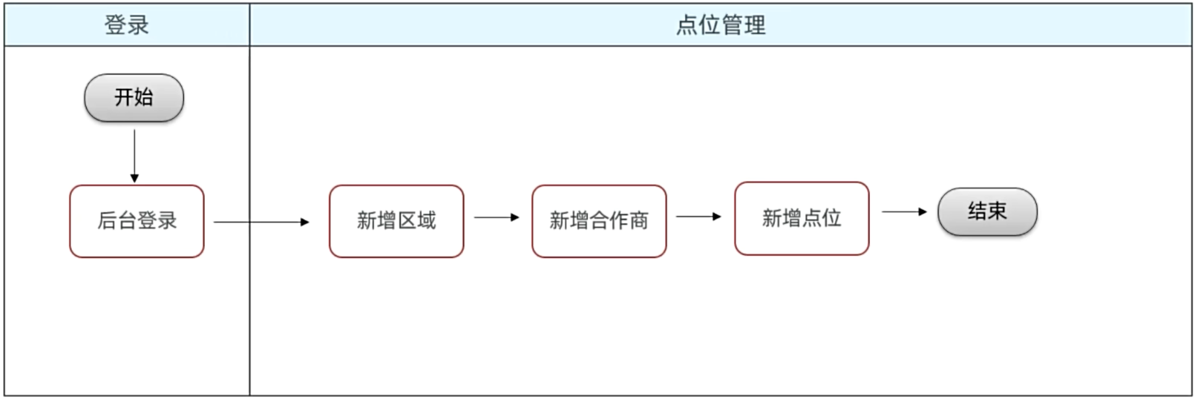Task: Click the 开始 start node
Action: pyautogui.click(x=134, y=98)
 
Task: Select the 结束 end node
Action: pyautogui.click(x=987, y=211)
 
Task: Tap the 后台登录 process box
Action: pyautogui.click(x=137, y=221)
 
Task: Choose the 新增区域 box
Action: pyautogui.click(x=396, y=221)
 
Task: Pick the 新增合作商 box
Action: pyautogui.click(x=599, y=221)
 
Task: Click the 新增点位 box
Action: pyautogui.click(x=802, y=218)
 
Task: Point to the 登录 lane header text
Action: pyautogui.click(x=126, y=25)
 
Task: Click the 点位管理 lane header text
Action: pyautogui.click(x=721, y=25)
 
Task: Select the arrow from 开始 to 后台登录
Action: pyautogui.click(x=134, y=156)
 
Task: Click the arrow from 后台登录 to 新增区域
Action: pyautogui.click(x=261, y=222)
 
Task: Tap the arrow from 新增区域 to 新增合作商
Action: pyautogui.click(x=497, y=217)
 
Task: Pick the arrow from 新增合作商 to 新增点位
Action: pyautogui.click(x=699, y=217)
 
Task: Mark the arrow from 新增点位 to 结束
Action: pyautogui.click(x=905, y=211)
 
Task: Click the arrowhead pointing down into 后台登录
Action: pyautogui.click(x=134, y=179)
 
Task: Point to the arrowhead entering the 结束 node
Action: pyautogui.click(x=923, y=211)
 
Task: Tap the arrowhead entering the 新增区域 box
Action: pyautogui.click(x=305, y=222)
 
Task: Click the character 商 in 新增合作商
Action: pyautogui.click(x=639, y=220)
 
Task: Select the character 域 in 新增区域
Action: pyautogui.click(x=426, y=220)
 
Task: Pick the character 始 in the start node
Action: pyautogui.click(x=144, y=97)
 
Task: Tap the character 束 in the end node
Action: pyautogui.click(x=998, y=211)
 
